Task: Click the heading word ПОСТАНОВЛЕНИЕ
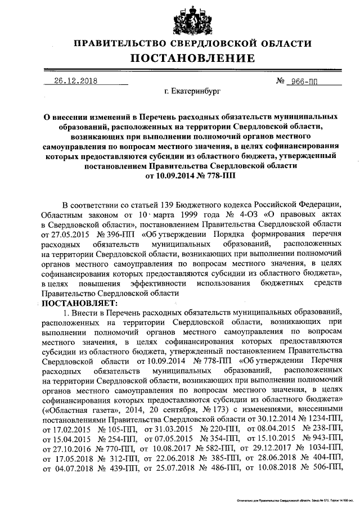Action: click(193, 58)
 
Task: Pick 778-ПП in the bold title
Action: click(218, 175)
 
